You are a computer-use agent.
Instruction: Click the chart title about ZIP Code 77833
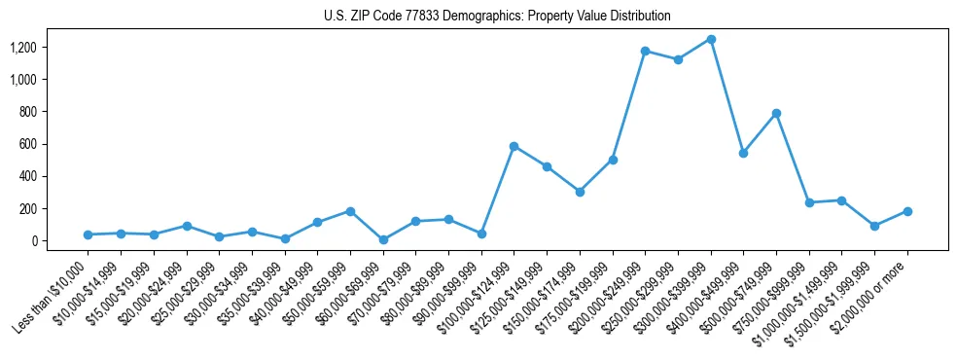coord(497,17)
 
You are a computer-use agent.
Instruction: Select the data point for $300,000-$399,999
coord(711,39)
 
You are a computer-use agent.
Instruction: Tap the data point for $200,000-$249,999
coord(645,51)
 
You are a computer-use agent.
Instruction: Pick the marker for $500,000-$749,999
coord(776,113)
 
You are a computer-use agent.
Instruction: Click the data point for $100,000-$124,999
coord(514,146)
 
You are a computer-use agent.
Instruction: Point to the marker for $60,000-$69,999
coord(382,239)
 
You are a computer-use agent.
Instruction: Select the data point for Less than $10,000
coord(88,234)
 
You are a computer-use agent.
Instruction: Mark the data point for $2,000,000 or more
coord(907,211)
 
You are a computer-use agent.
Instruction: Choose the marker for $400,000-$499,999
coord(743,153)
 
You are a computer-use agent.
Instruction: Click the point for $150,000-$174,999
coord(580,192)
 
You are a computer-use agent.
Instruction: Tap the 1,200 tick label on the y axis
coord(38,47)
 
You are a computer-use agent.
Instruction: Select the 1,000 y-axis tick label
coord(38,79)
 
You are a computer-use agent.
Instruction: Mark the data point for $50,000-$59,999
coord(350,211)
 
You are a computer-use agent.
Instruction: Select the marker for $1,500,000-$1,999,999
coord(874,226)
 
